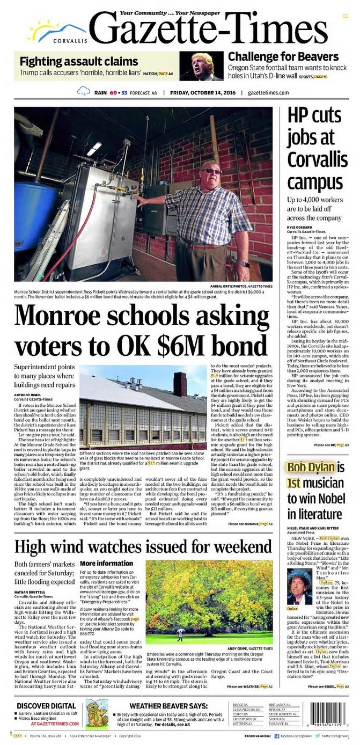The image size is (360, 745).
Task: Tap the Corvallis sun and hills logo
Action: tap(58, 32)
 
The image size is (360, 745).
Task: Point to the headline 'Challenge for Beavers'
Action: tap(283, 56)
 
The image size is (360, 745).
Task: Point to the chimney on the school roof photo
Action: tap(180, 384)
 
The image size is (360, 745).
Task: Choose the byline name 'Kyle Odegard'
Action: tap(302, 227)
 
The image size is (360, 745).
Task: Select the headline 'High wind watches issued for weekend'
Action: tap(143, 547)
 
